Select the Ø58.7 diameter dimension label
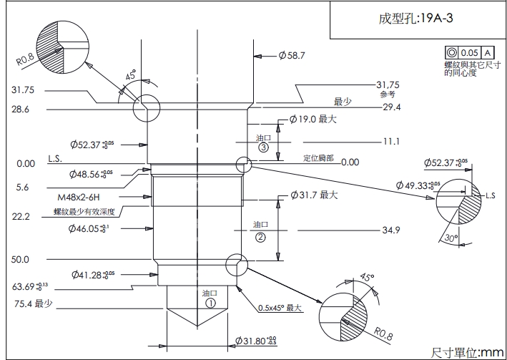point(292,55)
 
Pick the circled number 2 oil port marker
point(260,236)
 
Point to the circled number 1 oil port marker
point(210,303)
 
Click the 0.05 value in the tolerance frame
point(469,53)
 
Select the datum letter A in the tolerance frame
point(487,53)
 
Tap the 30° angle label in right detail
point(449,238)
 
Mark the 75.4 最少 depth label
point(33,304)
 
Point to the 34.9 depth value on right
point(390,230)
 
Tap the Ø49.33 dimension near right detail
point(420,185)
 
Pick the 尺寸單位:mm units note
point(467,352)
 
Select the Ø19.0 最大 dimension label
point(312,120)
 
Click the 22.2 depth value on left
point(21,215)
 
